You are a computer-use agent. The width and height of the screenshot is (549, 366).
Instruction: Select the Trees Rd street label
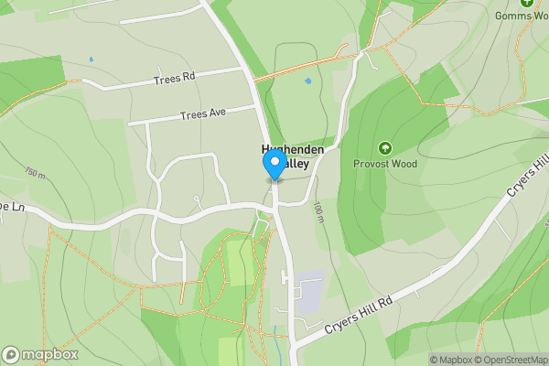pos(176,79)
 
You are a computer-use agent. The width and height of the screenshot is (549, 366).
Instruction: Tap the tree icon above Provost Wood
pos(384,147)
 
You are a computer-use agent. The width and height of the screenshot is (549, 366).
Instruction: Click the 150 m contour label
pos(35,172)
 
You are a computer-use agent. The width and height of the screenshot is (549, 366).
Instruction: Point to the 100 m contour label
pos(319,214)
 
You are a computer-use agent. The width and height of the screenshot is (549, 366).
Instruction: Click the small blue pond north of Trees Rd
pos(91,60)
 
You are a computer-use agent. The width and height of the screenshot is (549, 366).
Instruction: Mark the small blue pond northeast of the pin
pos(307,81)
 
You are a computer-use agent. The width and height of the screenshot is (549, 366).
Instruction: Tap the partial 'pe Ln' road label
pos(11,207)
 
